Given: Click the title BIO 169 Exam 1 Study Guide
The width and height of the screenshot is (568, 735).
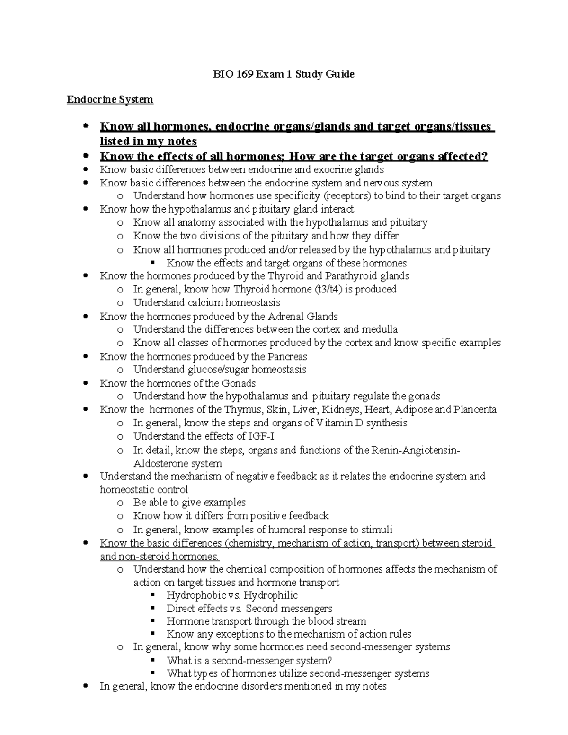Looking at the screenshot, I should click(x=283, y=74).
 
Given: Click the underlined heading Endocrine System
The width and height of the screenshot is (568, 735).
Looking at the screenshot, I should click(x=110, y=99).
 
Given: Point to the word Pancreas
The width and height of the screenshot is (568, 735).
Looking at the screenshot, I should click(x=287, y=356).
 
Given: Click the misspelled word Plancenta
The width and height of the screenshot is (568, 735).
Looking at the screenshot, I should click(x=475, y=409).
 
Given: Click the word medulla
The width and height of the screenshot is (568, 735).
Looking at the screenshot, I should click(x=380, y=329).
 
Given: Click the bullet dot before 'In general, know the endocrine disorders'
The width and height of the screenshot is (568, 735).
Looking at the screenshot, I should click(x=85, y=686).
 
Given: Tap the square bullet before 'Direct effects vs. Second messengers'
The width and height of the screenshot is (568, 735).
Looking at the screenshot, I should click(x=152, y=608).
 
